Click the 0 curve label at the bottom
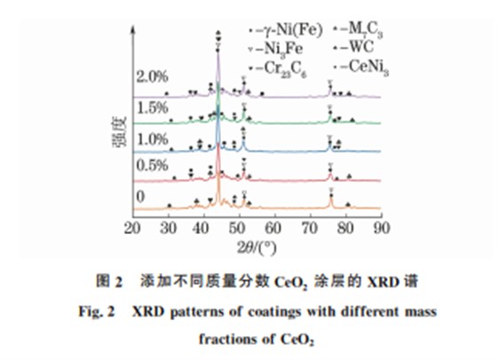point(139,197)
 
